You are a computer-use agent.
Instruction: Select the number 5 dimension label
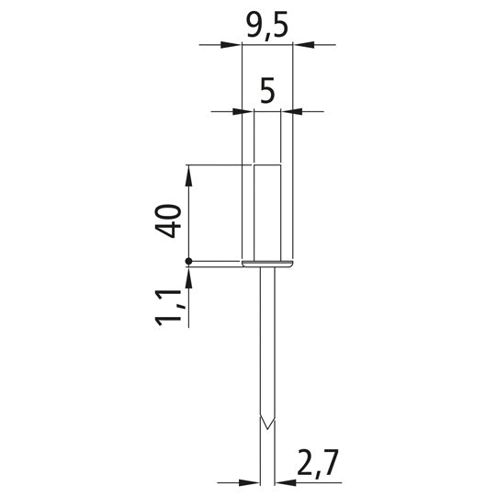267,92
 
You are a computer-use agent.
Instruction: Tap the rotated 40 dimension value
168,220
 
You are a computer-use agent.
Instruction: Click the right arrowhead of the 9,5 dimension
303,45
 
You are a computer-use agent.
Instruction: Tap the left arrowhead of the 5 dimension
243,111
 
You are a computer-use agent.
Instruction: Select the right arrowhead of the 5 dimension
291,111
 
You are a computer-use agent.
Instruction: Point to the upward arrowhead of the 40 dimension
189,175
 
